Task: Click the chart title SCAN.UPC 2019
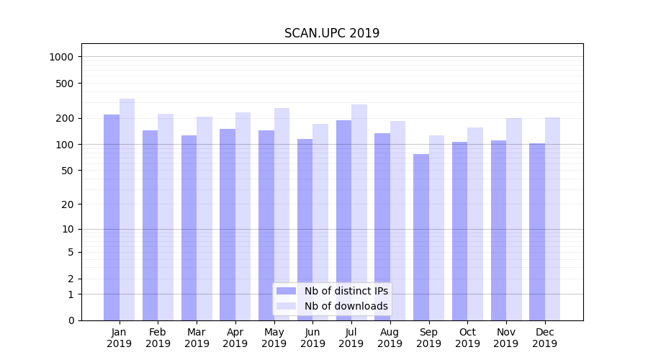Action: pos(332,33)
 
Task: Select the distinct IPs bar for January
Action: pos(112,216)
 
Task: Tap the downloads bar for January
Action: pos(127,209)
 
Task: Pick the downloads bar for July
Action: pos(359,212)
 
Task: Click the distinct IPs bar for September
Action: pos(421,237)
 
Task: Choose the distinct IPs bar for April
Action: pos(228,224)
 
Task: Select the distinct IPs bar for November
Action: pos(498,230)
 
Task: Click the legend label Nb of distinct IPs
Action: pos(346,291)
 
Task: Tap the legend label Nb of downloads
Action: pos(346,306)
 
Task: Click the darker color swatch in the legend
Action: pos(286,291)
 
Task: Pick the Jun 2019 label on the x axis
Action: pos(312,338)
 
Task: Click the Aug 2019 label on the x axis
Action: pos(390,338)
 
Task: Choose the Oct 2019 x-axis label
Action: pos(467,338)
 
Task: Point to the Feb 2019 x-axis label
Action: pos(158,338)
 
